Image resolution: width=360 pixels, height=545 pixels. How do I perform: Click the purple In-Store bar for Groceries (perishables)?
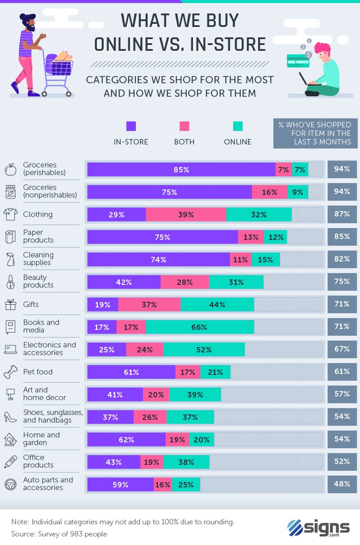tap(181, 169)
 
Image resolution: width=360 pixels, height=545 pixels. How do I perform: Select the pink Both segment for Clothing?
tap(185, 214)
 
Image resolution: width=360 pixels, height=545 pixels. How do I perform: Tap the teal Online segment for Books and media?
tap(199, 327)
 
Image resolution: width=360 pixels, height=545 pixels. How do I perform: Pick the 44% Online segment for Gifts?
tap(217, 304)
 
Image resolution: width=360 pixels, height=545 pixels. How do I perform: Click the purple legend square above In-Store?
tap(131, 126)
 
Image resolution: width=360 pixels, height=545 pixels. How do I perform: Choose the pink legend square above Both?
tap(184, 126)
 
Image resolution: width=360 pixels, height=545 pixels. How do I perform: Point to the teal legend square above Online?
tap(238, 126)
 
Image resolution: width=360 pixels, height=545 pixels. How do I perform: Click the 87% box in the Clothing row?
tap(342, 214)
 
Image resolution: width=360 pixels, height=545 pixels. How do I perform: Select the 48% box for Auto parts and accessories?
tap(342, 484)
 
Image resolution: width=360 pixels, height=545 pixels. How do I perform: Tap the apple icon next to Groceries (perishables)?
tap(10, 170)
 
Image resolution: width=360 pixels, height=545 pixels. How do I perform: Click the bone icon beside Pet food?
tap(10, 372)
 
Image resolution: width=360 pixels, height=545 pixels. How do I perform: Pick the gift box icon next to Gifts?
tap(10, 305)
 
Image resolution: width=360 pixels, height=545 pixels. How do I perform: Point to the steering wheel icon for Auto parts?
tap(10, 485)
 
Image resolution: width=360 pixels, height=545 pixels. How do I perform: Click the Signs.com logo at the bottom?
tap(319, 527)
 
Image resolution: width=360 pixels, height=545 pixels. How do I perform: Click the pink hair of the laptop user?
tap(323, 48)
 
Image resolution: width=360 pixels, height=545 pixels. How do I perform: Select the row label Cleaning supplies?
tap(38, 259)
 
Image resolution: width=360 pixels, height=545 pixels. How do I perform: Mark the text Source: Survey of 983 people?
tap(59, 534)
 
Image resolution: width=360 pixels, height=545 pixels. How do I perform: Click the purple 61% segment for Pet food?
tap(131, 372)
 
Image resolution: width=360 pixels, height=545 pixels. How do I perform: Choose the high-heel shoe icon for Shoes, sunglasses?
tap(10, 417)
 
